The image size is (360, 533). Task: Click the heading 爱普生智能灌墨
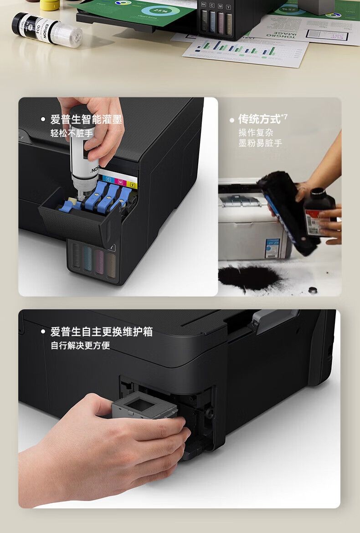click(x=86, y=120)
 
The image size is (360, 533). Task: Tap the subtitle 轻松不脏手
click(x=72, y=133)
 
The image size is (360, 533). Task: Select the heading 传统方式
click(x=259, y=119)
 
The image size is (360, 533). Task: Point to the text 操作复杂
click(x=256, y=133)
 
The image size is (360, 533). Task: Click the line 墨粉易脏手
click(x=260, y=143)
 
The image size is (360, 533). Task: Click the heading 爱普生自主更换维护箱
click(x=101, y=332)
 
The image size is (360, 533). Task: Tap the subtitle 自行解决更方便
click(x=80, y=346)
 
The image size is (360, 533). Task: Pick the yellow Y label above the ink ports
click(x=133, y=185)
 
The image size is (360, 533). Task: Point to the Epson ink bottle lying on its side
click(x=47, y=30)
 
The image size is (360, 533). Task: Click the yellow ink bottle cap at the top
click(x=50, y=5)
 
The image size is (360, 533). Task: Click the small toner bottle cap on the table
click(x=313, y=290)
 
